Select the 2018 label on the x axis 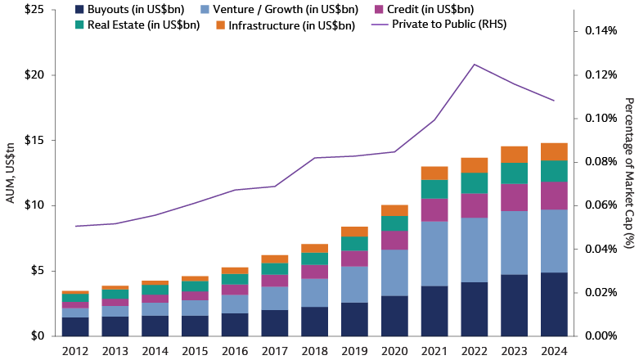coord(314,351)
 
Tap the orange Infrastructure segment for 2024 coord(554,151)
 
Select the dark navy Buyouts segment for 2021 coord(434,310)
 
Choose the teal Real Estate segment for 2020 coord(394,223)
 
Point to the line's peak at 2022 coord(475,65)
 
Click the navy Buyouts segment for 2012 coord(75,326)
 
